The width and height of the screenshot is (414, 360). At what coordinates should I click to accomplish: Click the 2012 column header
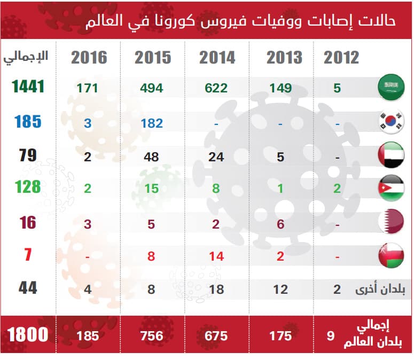[x=341, y=58]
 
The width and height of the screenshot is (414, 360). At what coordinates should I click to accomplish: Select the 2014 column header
[x=217, y=58]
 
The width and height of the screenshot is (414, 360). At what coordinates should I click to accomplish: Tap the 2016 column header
[x=89, y=58]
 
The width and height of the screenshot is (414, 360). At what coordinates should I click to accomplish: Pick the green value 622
[x=216, y=88]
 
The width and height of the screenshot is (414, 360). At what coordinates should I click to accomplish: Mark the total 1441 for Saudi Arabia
[x=26, y=88]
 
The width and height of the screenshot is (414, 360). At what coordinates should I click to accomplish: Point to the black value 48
[x=152, y=156]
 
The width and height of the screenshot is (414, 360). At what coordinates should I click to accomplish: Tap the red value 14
[x=216, y=256]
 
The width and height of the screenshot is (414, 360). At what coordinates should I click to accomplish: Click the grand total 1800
[x=28, y=335]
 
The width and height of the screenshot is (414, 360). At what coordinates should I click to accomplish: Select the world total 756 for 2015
[x=152, y=336]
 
